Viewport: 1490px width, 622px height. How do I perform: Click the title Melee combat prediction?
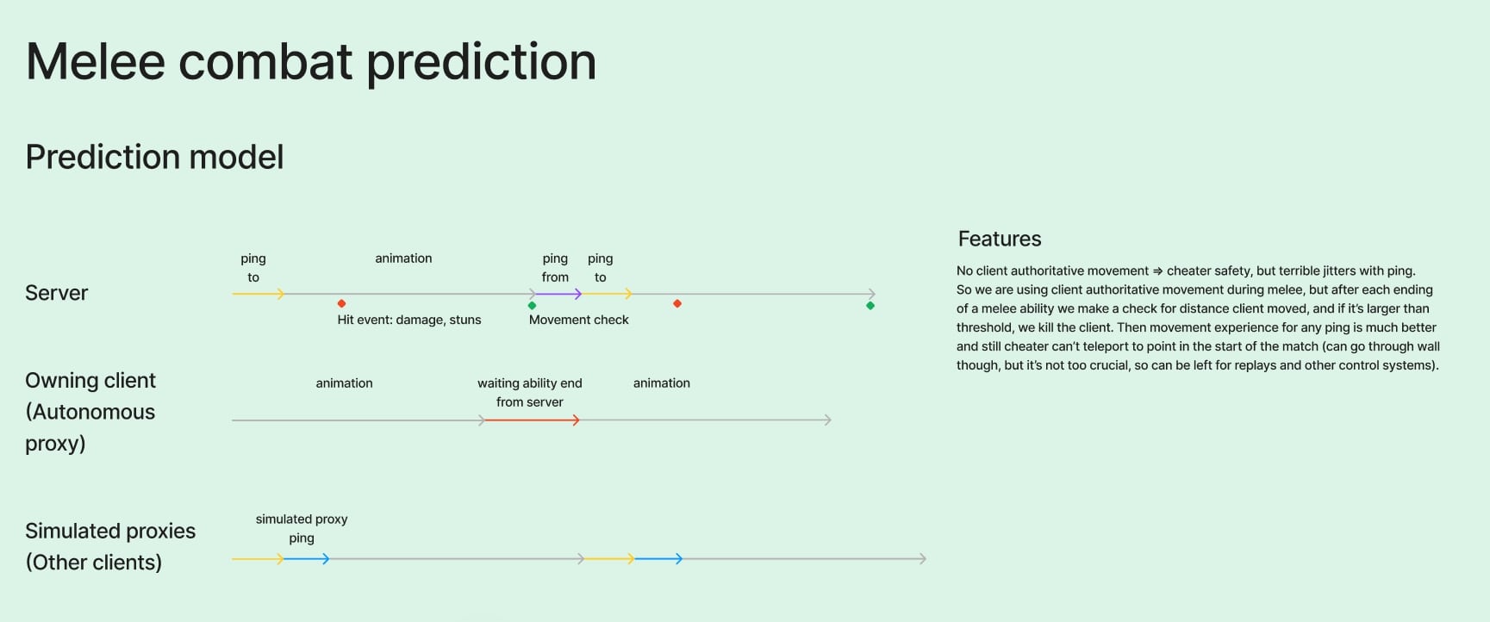[311, 62]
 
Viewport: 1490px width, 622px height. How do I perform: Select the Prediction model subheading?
[154, 158]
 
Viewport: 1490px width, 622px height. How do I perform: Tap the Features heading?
[1000, 239]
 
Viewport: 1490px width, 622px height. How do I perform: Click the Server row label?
[57, 293]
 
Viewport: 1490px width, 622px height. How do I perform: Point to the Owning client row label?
[90, 412]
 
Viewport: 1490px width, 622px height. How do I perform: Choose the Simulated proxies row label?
[110, 546]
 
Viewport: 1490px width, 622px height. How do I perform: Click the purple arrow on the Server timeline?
[557, 294]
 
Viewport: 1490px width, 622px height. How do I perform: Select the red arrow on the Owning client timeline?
[532, 420]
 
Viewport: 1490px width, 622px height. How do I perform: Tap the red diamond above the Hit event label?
[342, 303]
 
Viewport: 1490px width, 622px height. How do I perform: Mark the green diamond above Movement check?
[532, 305]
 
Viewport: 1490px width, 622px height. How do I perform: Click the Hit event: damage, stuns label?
[409, 320]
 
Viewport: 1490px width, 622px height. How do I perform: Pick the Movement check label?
[579, 320]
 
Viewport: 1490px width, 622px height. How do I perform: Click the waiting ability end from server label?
[530, 393]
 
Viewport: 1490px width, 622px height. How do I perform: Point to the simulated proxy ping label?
[302, 529]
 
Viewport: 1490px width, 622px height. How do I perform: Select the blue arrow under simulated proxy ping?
[307, 559]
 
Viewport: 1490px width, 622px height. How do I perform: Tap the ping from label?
[555, 268]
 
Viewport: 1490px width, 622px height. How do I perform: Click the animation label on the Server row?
[403, 258]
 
